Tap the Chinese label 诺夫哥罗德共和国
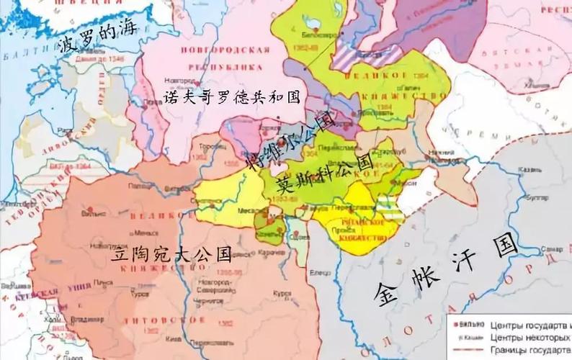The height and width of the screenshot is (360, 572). point(231,96)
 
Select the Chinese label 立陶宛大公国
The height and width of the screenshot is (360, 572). point(171,253)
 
